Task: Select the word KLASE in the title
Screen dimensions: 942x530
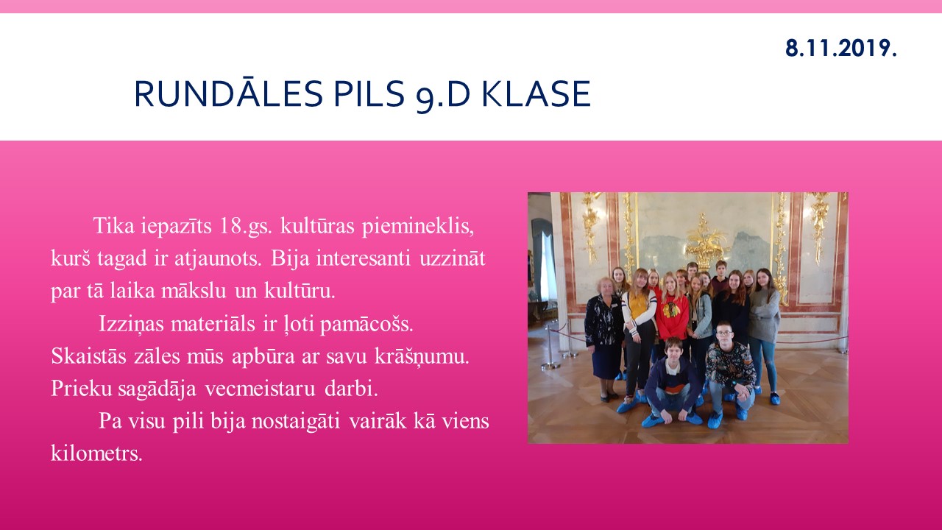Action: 536,93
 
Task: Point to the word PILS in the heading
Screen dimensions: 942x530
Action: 369,93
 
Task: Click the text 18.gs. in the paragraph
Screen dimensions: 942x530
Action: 246,226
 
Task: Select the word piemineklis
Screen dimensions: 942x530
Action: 418,226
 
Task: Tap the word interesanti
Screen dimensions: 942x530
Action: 364,258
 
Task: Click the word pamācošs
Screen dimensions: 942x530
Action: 366,324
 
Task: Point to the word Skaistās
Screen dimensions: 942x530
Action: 88,356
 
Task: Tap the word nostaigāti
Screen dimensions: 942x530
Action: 296,421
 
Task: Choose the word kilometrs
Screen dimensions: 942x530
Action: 96,453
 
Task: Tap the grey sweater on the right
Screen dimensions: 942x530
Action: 764,314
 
